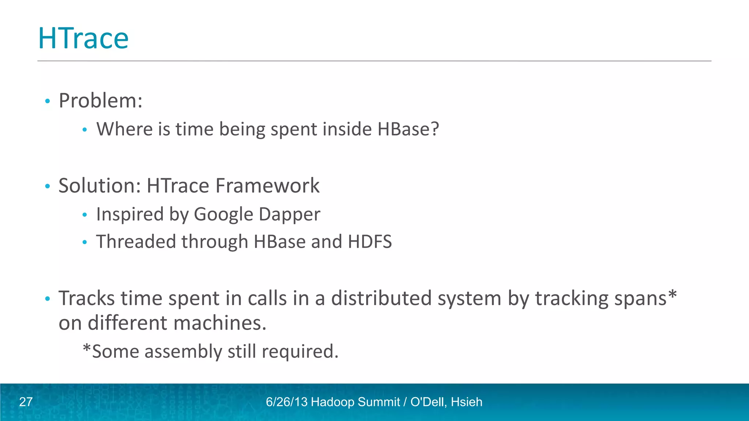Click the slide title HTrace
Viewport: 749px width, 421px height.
tap(83, 38)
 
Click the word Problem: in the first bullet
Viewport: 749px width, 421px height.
tap(101, 100)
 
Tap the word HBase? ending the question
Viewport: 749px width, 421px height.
tap(408, 129)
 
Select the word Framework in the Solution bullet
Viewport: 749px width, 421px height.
tap(267, 186)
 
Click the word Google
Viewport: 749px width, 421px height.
tap(223, 214)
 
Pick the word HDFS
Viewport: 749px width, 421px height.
tap(369, 242)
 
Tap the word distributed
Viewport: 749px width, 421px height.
tap(381, 298)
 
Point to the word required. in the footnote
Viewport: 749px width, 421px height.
tap(300, 352)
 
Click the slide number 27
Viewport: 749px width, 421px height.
tap(26, 402)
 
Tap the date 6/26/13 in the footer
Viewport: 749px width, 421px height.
tap(286, 402)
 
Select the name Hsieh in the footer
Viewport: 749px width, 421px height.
tap(467, 402)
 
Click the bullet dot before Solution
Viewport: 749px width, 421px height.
tap(47, 186)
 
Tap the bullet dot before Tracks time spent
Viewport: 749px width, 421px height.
tap(47, 299)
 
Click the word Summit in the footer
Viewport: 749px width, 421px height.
tap(379, 402)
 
